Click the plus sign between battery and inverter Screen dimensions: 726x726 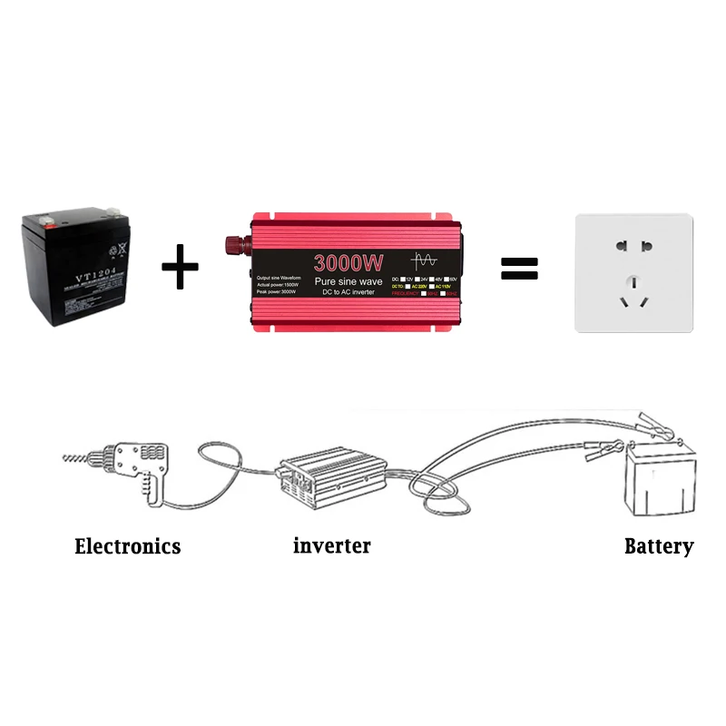pyautogui.click(x=180, y=267)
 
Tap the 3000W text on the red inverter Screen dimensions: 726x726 pyautogui.click(x=348, y=263)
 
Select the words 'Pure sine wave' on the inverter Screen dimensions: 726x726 pyautogui.click(x=349, y=282)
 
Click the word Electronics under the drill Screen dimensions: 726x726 pyautogui.click(x=127, y=546)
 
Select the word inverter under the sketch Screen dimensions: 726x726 pyautogui.click(x=332, y=545)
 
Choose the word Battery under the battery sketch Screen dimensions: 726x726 pyautogui.click(x=659, y=546)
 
